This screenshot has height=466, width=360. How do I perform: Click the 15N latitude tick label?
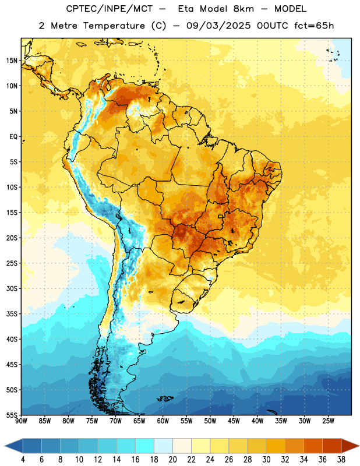click(x=12, y=61)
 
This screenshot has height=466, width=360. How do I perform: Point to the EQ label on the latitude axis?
click(x=13, y=137)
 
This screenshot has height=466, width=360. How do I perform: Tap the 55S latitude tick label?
click(x=12, y=415)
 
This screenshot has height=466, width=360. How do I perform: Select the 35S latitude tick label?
click(x=12, y=314)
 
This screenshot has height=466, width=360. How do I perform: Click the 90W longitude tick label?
click(x=22, y=421)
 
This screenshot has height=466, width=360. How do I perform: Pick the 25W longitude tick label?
click(x=328, y=421)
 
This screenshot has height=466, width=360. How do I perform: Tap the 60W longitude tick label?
click(x=163, y=421)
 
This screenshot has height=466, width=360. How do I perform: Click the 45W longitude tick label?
click(x=234, y=421)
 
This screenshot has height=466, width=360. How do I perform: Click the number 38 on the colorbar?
click(x=341, y=460)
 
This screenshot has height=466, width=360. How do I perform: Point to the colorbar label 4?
click(x=23, y=460)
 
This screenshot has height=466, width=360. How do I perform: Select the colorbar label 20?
click(x=172, y=460)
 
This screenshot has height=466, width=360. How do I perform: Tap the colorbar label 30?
click(x=266, y=460)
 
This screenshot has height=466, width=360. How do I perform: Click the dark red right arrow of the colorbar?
click(x=350, y=446)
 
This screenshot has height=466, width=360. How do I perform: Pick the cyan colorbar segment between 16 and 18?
click(x=144, y=446)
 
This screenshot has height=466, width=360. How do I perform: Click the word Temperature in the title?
click(x=114, y=26)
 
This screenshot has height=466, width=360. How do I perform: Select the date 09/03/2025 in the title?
click(x=218, y=26)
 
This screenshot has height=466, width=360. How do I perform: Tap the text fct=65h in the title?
click(x=314, y=26)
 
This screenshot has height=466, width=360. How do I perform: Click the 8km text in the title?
click(x=243, y=9)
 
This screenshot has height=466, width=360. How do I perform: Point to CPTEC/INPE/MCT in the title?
click(x=110, y=9)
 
